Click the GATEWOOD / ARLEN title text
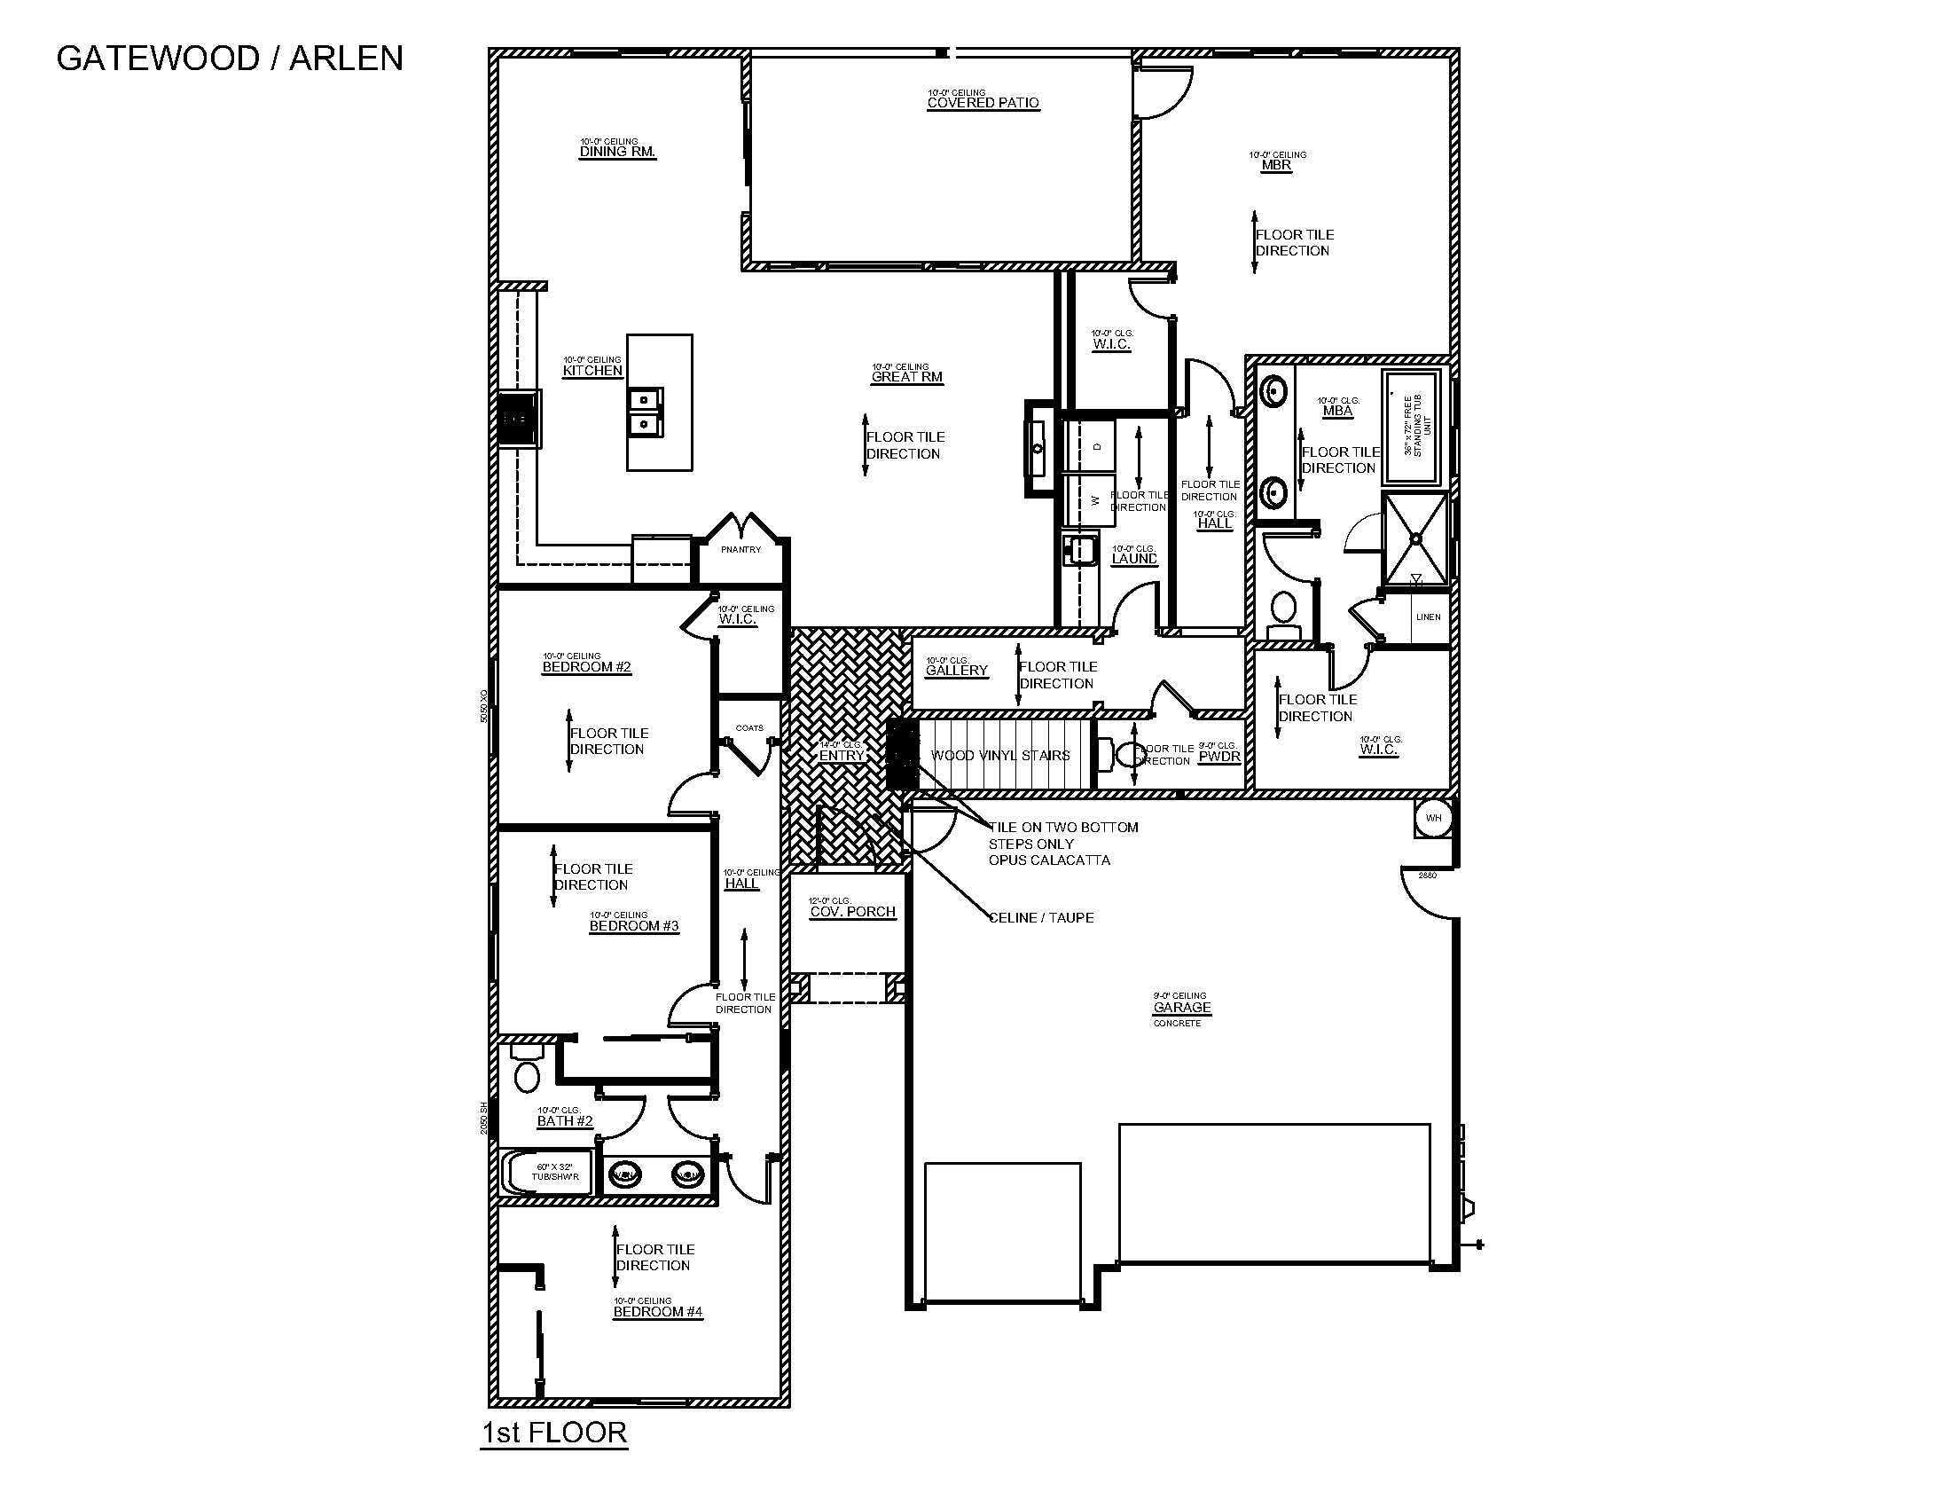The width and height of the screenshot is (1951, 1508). (x=230, y=59)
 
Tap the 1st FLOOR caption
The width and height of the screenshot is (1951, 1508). (x=554, y=1432)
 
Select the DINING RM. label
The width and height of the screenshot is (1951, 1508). (x=617, y=152)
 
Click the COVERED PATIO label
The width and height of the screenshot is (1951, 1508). (x=983, y=103)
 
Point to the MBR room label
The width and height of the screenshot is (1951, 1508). (x=1275, y=165)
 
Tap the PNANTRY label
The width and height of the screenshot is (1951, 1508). (x=740, y=549)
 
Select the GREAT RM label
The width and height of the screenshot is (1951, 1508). (x=906, y=377)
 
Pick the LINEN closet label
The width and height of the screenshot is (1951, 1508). (x=1428, y=617)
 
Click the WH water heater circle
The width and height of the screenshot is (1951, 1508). (x=1433, y=819)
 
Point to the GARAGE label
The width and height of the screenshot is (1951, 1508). (x=1182, y=1008)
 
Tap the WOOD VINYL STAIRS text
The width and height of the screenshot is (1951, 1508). (x=999, y=756)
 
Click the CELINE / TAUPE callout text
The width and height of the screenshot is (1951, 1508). (x=1041, y=917)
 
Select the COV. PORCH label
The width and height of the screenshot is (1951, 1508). (x=852, y=912)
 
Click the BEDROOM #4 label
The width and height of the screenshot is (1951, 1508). (x=657, y=1311)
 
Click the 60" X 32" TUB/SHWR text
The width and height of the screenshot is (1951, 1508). (x=555, y=1172)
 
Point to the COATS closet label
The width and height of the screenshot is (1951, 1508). (x=749, y=728)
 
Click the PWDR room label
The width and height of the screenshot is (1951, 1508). (x=1218, y=757)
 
